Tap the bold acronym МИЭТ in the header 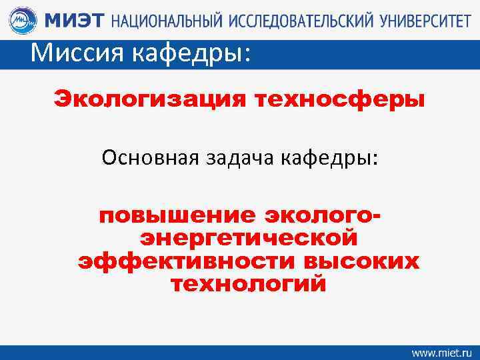tap(74, 21)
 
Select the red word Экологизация tap(150, 101)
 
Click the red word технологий tap(249, 285)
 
